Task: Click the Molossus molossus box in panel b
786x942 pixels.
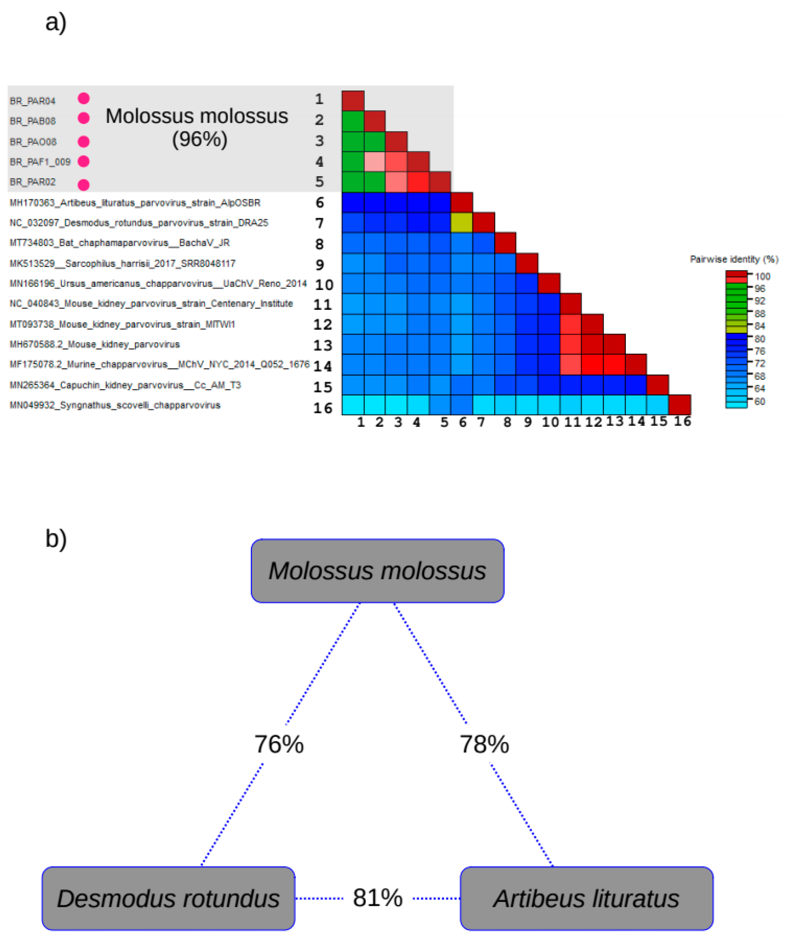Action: point(377,571)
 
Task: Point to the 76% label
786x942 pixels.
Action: point(279,744)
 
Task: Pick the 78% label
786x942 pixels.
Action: point(484,744)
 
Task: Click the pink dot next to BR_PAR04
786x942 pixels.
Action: point(84,98)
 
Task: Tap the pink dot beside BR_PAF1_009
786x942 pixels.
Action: point(84,162)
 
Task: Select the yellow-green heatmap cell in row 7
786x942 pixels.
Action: point(462,222)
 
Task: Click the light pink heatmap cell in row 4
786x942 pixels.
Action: point(375,162)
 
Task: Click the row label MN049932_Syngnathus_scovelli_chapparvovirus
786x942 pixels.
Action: point(115,405)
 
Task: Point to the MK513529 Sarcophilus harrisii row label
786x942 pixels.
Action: point(122,264)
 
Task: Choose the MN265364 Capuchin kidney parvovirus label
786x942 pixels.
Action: point(125,385)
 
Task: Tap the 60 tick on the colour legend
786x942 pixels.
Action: point(760,401)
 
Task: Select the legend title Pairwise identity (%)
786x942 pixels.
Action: point(734,259)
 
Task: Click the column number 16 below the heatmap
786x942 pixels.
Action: point(682,422)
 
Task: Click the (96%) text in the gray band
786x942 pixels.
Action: point(200,139)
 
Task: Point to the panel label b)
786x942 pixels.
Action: point(56,538)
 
